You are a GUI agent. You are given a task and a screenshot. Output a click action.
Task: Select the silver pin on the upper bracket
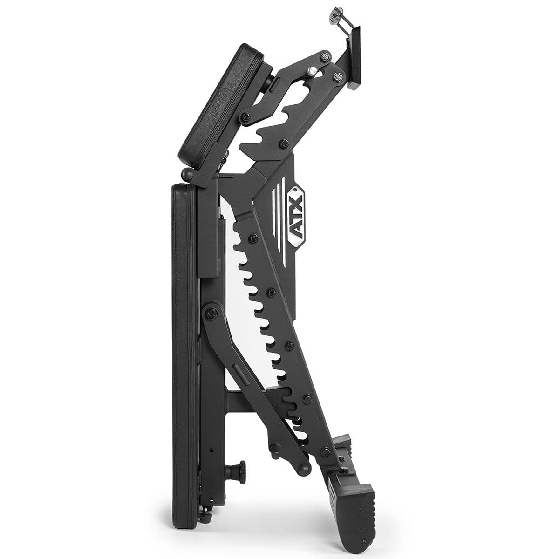tap(312, 70)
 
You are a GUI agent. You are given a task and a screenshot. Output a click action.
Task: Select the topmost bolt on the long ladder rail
tap(252, 239)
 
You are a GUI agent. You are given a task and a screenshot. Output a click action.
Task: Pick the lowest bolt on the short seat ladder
tap(283, 145)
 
